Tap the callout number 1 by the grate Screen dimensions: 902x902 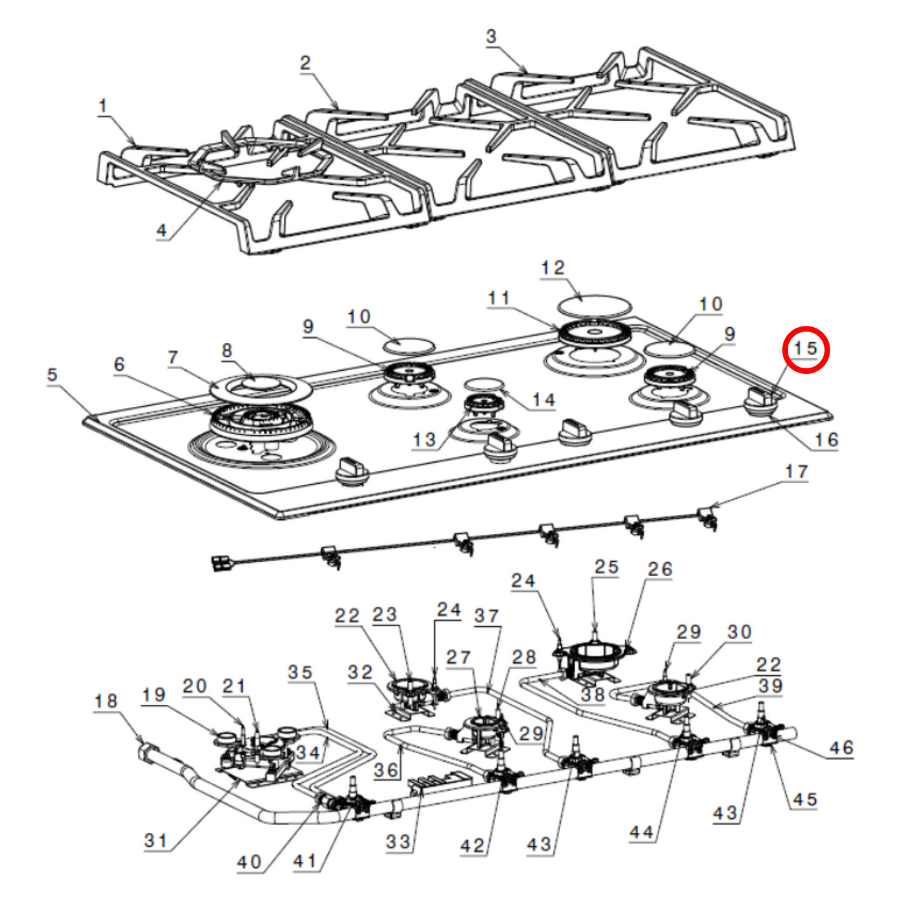(103, 106)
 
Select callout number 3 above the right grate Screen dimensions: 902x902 (491, 36)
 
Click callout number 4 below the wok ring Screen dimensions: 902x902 (162, 230)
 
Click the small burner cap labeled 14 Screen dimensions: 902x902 (483, 383)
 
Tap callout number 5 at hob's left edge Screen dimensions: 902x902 (52, 375)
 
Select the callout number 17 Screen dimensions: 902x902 (797, 471)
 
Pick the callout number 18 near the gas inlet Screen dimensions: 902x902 (105, 701)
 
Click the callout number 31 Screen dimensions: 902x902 (155, 840)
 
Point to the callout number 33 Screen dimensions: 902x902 (398, 841)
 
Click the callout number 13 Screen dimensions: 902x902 (424, 439)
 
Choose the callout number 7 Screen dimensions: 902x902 (173, 357)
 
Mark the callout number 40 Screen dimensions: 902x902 (249, 862)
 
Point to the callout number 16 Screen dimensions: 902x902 (826, 439)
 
